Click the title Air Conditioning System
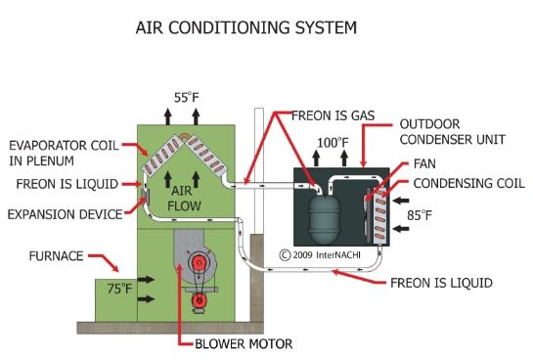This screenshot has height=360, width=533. point(246,27)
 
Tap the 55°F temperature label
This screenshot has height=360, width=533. point(186,98)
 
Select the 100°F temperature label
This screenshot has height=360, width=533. point(333,143)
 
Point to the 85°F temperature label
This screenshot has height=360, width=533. point(420,215)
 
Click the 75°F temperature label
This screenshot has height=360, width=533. point(119,289)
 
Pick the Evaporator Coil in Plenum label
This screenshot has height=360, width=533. point(64,153)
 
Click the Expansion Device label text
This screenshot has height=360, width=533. point(65,214)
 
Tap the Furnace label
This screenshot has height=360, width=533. point(56,256)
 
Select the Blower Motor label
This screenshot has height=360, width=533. point(244,343)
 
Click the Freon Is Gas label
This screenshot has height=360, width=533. point(333,115)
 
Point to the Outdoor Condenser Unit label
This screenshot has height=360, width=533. point(453,131)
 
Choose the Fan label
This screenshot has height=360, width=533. point(424,163)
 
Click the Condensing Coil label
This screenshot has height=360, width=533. point(468,183)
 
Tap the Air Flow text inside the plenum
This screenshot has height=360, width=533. point(184,199)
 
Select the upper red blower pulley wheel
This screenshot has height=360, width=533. point(199,263)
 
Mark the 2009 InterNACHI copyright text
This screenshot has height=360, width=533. point(320,255)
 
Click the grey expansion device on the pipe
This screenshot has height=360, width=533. point(145,197)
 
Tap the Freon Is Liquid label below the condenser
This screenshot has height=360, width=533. point(441,283)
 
